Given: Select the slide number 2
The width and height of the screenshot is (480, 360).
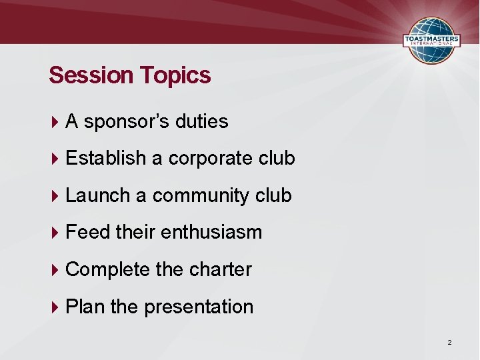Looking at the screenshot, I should pyautogui.click(x=449, y=343).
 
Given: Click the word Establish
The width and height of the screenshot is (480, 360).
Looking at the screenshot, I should pyautogui.click(x=106, y=158).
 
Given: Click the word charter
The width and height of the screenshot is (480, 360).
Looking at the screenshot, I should pyautogui.click(x=221, y=269).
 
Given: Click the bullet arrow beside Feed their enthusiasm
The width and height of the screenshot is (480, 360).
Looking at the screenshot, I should pyautogui.click(x=55, y=233).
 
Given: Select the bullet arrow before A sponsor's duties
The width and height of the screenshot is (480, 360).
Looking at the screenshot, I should pyautogui.click(x=55, y=122).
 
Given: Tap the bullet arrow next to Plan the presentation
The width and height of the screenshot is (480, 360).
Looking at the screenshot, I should pyautogui.click(x=55, y=307).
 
